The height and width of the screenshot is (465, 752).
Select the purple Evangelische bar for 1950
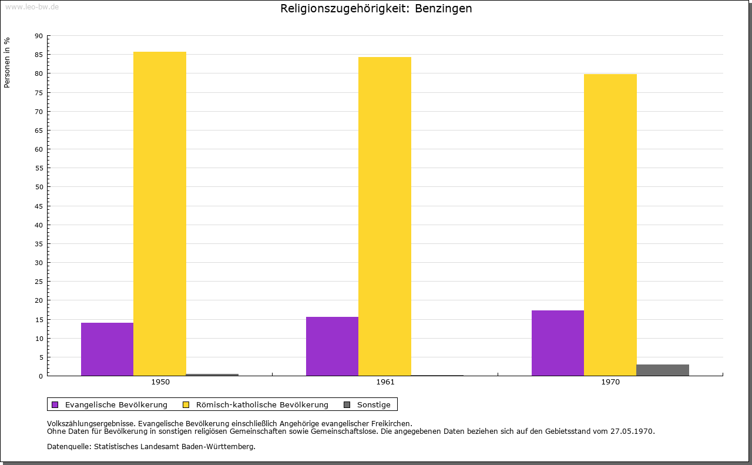coord(107,349)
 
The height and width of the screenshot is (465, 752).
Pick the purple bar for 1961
coord(332,346)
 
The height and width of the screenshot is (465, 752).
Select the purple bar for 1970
coord(558,343)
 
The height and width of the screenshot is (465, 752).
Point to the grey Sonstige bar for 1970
coord(663,370)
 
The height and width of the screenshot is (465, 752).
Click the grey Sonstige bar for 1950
coord(212,374)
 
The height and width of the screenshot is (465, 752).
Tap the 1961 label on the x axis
coord(385,382)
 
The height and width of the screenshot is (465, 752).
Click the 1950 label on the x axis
coord(160,382)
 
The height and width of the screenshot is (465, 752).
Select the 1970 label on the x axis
coord(610,382)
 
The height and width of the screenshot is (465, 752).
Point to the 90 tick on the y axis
coord(39,36)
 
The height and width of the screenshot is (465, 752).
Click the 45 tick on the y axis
coord(39,206)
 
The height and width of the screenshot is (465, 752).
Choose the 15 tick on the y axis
coord(39,319)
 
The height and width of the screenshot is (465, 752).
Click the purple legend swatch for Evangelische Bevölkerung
coord(55,404)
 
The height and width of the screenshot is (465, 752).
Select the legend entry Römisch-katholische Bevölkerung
coord(262,404)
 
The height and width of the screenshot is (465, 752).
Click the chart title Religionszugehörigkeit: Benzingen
coord(376,9)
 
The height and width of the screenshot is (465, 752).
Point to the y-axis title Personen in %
coord(7,62)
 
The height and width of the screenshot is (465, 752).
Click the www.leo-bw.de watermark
coord(32,6)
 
